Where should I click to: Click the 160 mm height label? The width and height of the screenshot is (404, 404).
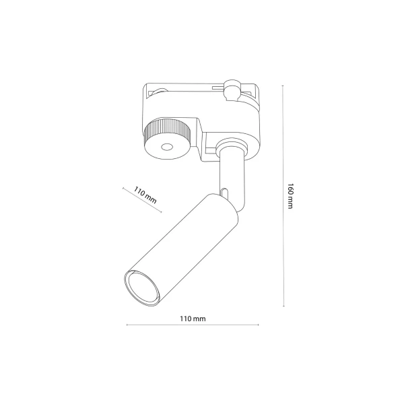[x=290, y=196]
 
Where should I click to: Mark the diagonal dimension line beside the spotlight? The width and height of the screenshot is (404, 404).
[x=143, y=201]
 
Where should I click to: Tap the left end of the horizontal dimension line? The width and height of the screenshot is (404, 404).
[x=126, y=326]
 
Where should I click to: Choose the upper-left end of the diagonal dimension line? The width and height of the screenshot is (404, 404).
[x=123, y=188]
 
